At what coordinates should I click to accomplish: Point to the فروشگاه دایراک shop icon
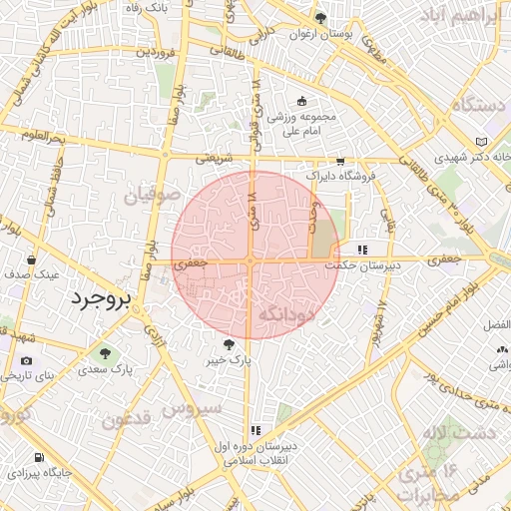pos(340,161)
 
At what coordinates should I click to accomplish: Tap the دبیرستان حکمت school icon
pos(361,250)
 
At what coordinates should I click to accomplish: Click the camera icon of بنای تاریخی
pos(25,360)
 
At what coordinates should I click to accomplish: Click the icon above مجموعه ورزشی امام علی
pos(302,101)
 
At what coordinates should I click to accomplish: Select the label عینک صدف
pos(31,273)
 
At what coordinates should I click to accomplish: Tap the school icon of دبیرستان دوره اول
pos(255,430)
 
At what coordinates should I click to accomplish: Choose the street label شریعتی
pos(213,157)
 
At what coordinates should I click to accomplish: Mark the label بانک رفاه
pos(147,8)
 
